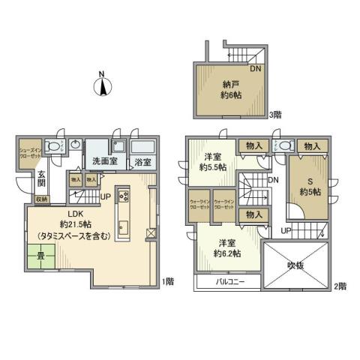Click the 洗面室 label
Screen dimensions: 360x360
(x=105, y=160)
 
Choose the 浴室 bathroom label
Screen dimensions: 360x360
(x=142, y=161)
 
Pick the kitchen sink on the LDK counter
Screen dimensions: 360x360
(x=124, y=226)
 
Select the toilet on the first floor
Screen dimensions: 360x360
(x=52, y=146)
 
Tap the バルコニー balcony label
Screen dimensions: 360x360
(x=226, y=283)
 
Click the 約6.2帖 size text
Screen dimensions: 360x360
(x=226, y=253)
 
